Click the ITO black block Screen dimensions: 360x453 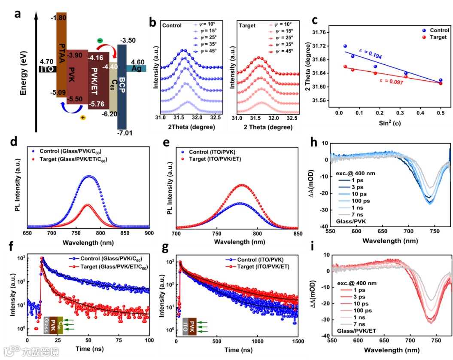click(47, 68)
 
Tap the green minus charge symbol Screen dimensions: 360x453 click(100, 40)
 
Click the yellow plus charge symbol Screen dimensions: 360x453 click(83, 117)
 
